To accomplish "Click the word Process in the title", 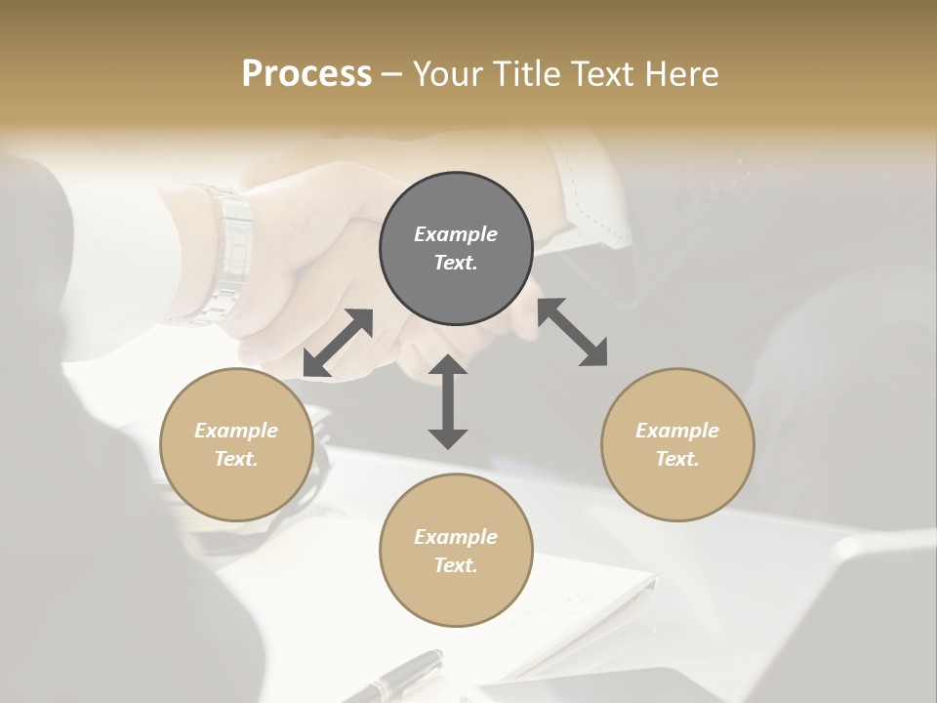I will (x=306, y=74).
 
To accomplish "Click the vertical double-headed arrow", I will (x=448, y=401).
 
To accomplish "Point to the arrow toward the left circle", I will (x=338, y=343).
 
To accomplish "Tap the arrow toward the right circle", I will (x=573, y=332).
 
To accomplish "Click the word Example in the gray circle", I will (x=456, y=234).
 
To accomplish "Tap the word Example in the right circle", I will (x=677, y=431).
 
